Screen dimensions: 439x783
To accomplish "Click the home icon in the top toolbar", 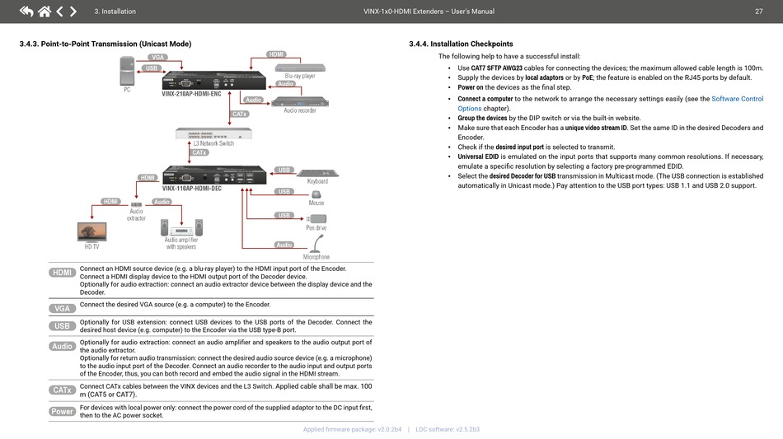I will click(x=44, y=12).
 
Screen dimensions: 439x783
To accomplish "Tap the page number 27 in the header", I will click(x=758, y=12).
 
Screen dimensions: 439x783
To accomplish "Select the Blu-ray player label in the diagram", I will click(x=300, y=76).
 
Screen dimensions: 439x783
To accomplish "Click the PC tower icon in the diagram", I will click(x=127, y=71).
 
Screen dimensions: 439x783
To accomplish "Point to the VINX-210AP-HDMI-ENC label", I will click(x=191, y=94).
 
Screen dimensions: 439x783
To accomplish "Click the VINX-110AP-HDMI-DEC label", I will click(x=192, y=189).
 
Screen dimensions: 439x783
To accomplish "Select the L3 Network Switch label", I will click(x=213, y=143).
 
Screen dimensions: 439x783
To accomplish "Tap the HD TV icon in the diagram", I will click(x=91, y=231).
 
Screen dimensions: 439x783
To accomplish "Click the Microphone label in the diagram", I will click(x=316, y=257).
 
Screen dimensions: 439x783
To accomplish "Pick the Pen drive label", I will click(x=316, y=227).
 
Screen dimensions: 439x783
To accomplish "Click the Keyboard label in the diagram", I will click(x=317, y=181).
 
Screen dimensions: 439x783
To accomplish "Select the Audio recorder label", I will click(x=300, y=110).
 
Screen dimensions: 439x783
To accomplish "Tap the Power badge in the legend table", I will click(x=63, y=411).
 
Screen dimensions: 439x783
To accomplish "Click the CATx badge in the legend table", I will click(x=63, y=390).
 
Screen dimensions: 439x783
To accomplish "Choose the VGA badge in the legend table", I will click(x=63, y=308).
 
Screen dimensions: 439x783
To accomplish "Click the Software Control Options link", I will click(x=737, y=99).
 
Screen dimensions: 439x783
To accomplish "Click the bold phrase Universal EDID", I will click(x=478, y=156).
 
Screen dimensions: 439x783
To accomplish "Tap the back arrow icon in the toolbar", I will click(x=26, y=12).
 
